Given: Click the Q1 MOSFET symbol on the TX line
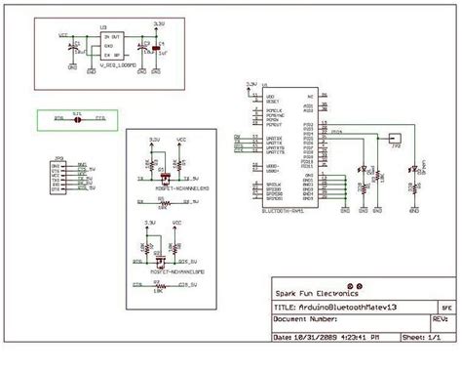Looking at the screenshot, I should [x=164, y=179].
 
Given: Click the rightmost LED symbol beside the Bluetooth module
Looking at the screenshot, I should [x=415, y=170].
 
